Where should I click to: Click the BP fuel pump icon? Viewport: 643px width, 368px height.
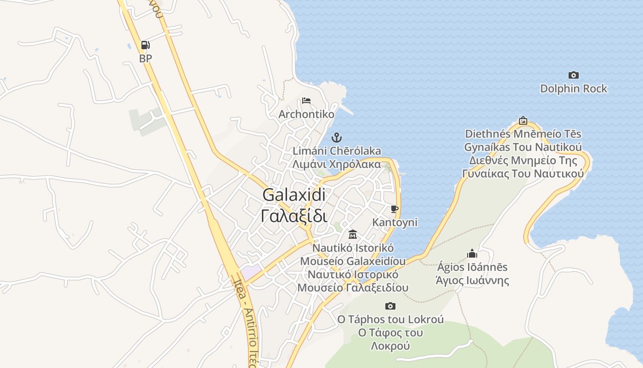pos(145,45)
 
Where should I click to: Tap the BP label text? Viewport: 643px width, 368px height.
pos(145,58)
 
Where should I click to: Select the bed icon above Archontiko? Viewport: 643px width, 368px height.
pos(306,100)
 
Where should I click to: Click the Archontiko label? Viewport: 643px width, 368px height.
pos(306,114)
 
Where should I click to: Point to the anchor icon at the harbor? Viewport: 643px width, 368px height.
pos(337,137)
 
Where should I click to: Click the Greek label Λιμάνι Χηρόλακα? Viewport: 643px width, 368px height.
pos(337,164)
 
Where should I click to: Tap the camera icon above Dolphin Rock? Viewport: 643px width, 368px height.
pos(573,75)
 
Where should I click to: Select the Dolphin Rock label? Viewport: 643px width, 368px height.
pos(573,88)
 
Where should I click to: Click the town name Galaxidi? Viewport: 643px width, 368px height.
pos(294,195)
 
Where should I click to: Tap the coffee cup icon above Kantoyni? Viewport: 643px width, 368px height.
pos(394,209)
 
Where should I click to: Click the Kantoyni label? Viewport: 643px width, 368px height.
pos(395,223)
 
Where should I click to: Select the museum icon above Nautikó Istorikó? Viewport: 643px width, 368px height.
pos(352,234)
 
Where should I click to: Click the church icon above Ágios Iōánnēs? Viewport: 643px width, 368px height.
pos(472,253)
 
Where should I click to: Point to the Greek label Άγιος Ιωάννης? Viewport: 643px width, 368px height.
pos(472,280)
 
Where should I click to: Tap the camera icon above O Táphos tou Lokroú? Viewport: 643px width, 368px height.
pos(390,306)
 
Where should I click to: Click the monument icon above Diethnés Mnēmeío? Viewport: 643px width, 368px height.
pos(523,121)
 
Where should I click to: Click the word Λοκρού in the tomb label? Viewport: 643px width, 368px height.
pos(390,345)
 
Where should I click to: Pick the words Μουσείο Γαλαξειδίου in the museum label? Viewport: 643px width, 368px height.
pos(353,288)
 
